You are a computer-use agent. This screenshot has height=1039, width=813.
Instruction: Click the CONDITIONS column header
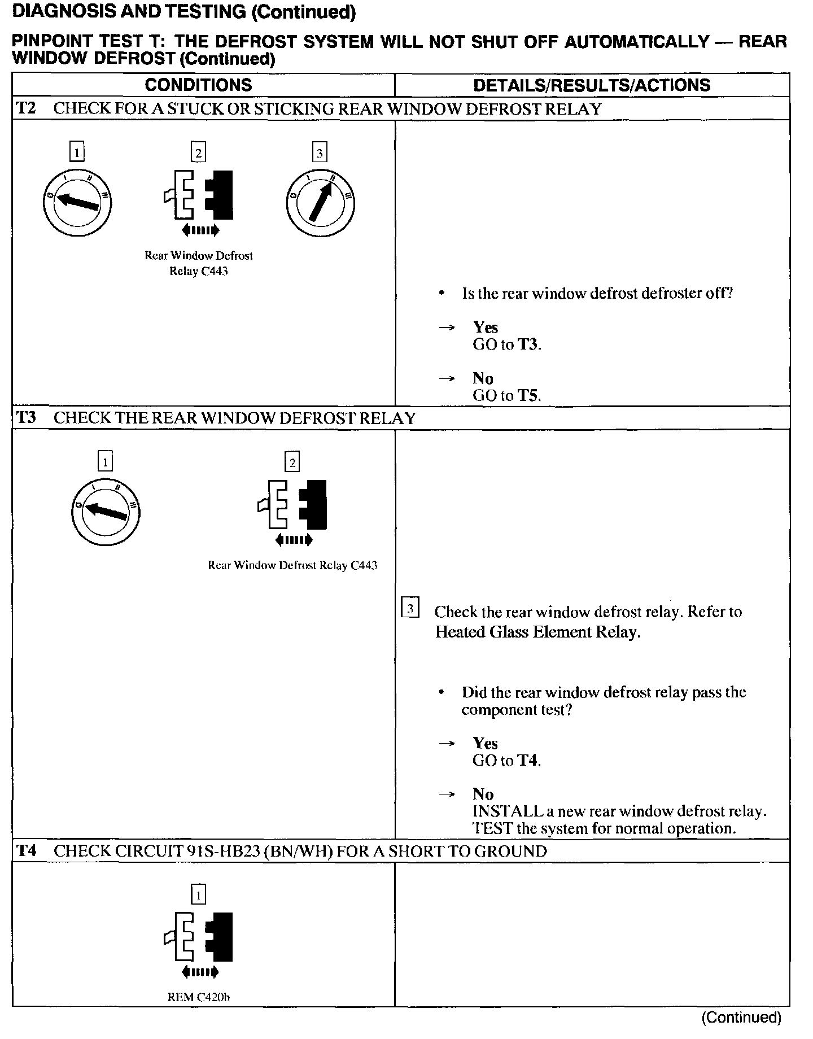(x=198, y=85)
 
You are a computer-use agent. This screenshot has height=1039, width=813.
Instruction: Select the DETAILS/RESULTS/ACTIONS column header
(x=592, y=85)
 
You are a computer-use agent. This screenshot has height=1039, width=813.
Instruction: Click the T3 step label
(x=27, y=418)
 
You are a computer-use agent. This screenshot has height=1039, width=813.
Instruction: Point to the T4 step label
(x=27, y=851)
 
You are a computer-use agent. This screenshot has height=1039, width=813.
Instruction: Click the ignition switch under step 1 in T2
(x=77, y=202)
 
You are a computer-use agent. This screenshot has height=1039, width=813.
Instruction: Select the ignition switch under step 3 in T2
(x=320, y=202)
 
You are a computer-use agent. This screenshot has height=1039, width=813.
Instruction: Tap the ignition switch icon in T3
(x=106, y=512)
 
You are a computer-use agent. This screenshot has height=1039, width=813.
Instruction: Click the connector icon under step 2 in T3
(x=292, y=504)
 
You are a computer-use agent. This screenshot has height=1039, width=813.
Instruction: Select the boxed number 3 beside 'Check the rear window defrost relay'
(x=410, y=608)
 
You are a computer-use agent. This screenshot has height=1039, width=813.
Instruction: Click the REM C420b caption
(x=199, y=997)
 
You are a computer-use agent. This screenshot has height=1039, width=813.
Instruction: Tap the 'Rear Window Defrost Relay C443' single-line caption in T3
(x=292, y=565)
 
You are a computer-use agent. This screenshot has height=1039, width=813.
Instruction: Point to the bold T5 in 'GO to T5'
(x=528, y=395)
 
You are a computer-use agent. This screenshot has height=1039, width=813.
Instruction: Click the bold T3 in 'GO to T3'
(x=528, y=344)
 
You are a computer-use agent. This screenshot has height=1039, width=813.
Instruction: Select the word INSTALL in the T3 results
(x=508, y=811)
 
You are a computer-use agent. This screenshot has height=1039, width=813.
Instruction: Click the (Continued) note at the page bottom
(x=741, y=1018)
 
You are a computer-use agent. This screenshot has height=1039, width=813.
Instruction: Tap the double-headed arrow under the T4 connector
(x=199, y=972)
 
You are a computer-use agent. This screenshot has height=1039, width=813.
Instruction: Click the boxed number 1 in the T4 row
(x=199, y=894)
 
